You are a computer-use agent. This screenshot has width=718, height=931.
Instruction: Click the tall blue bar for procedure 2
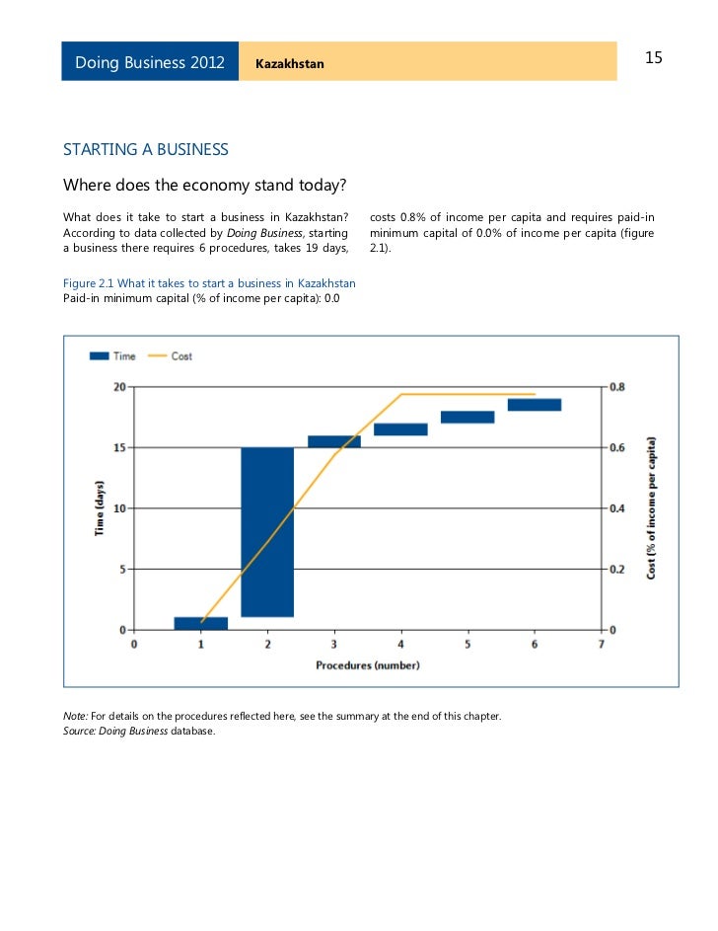click(267, 532)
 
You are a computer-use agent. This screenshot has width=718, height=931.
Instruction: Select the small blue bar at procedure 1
click(200, 623)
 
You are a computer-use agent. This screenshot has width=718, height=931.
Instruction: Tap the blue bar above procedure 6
click(535, 405)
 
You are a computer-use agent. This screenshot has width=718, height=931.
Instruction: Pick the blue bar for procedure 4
click(400, 429)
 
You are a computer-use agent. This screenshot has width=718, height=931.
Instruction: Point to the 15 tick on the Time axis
click(120, 447)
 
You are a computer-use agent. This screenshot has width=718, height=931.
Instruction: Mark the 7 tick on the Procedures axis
click(601, 645)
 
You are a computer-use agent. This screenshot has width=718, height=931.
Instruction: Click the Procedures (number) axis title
click(367, 664)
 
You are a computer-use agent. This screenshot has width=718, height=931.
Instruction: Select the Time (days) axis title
click(100, 507)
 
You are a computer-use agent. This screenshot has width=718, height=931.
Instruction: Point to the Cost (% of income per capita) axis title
click(652, 507)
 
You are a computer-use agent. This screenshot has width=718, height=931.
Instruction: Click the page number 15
click(653, 58)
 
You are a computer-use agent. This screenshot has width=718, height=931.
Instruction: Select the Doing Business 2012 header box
click(150, 62)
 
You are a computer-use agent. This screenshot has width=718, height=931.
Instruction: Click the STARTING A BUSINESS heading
click(146, 150)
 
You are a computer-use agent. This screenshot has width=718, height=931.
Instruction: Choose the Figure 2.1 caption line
click(209, 284)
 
